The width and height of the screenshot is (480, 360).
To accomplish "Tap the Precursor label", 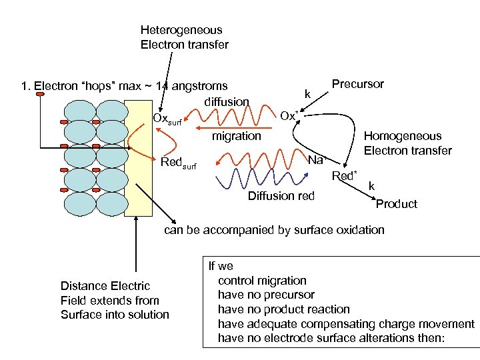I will [x=357, y=84].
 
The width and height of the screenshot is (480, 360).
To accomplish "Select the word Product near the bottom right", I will [x=396, y=204].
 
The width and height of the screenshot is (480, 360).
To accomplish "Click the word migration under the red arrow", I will [x=236, y=136].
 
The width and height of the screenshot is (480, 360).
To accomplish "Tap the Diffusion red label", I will [x=280, y=196].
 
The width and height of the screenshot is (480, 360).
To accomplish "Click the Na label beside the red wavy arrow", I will [x=315, y=160].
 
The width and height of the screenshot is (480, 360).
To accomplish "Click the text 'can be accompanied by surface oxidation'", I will [x=275, y=230].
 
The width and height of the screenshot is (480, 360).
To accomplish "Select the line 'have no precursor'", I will [x=266, y=295].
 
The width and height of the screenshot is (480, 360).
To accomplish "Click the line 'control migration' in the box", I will [x=262, y=281].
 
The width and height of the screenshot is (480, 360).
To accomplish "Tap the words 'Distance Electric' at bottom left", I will [x=105, y=286].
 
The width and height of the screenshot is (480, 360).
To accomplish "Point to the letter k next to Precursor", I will [x=307, y=94].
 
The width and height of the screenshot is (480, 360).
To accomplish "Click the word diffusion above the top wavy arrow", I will [x=227, y=102].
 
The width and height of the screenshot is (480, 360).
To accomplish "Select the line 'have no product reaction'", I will [x=283, y=309].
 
